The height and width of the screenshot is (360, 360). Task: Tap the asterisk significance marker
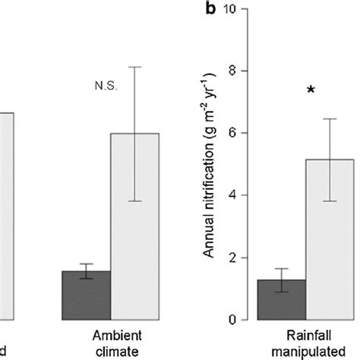tap(311, 92)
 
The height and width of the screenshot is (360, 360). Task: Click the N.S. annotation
tap(106, 87)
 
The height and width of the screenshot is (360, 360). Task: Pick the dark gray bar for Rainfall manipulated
tap(283, 299)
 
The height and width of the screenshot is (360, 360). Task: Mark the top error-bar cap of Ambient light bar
tap(135, 67)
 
